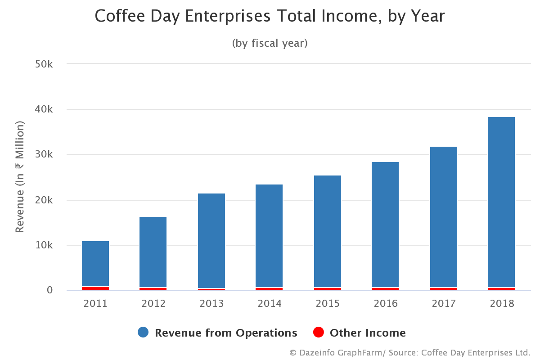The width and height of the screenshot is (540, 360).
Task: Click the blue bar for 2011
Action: click(95, 264)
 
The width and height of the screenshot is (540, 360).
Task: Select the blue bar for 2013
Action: click(211, 240)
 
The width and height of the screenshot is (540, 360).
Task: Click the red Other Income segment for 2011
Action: click(95, 288)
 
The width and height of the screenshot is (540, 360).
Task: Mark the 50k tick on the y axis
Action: click(44, 64)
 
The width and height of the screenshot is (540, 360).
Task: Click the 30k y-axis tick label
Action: click(44, 154)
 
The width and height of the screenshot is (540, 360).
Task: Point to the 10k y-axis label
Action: click(44, 245)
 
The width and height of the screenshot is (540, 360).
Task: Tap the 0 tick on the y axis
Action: click(49, 290)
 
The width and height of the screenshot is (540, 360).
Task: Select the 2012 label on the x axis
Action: click(153, 304)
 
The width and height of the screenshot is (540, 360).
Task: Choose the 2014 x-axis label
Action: click(270, 304)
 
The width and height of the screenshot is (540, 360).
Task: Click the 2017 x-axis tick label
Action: click(444, 304)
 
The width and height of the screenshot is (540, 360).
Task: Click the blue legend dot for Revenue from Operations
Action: click(143, 333)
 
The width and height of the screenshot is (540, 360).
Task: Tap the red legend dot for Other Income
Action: click(318, 333)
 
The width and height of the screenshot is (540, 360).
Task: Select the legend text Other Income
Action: click(368, 333)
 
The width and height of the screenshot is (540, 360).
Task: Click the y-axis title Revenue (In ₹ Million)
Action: click(20, 176)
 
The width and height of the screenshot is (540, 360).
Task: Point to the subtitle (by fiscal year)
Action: click(270, 43)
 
